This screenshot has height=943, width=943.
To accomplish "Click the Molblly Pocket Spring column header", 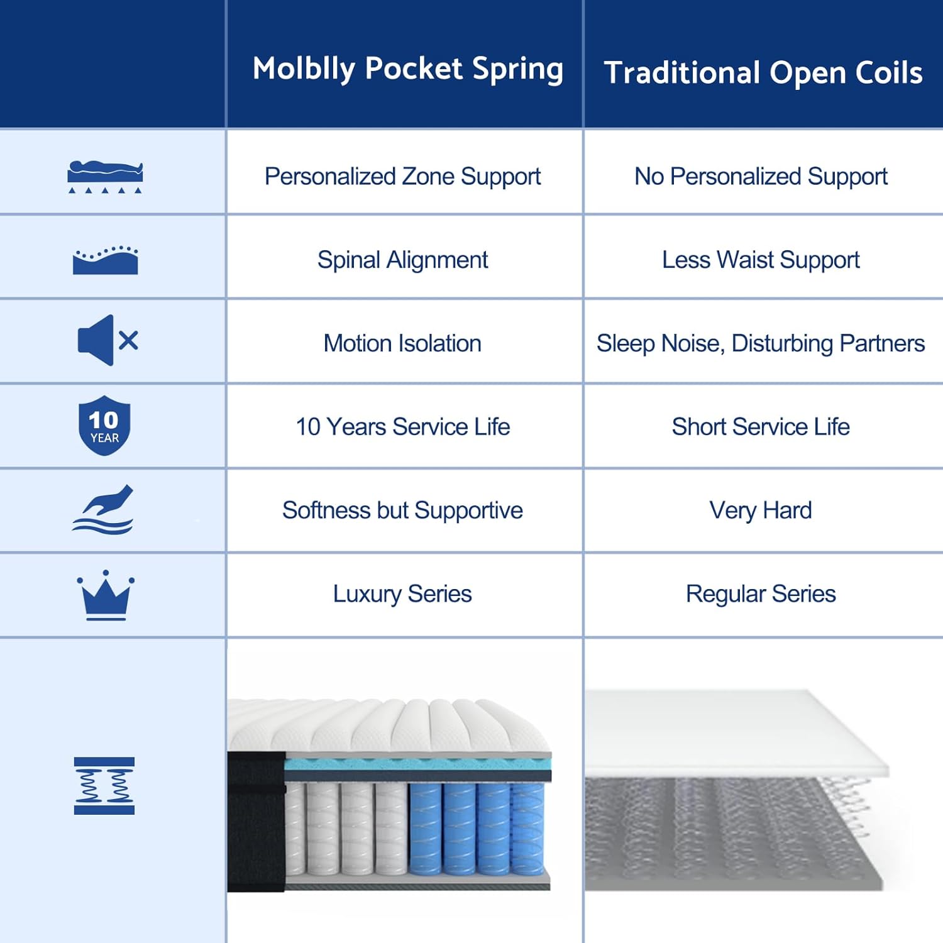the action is [x=407, y=69].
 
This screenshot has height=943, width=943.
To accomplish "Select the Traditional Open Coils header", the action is [x=763, y=73].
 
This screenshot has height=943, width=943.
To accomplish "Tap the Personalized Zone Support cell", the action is [x=402, y=177].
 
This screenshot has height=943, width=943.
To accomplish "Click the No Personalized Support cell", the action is [x=761, y=177].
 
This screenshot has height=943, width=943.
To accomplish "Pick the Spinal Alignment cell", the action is [x=402, y=260].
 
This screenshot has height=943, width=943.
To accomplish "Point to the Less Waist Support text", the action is [x=761, y=260].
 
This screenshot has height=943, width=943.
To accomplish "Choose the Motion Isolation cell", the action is [x=402, y=343].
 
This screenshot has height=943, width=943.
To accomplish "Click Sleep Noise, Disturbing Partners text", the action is [x=761, y=344].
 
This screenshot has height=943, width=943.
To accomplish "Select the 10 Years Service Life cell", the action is [x=402, y=427].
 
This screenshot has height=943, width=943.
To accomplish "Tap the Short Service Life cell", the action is [x=761, y=427].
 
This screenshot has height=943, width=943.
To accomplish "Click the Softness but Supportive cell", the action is [x=402, y=510].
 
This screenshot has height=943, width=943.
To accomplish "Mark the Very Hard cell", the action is [x=761, y=510].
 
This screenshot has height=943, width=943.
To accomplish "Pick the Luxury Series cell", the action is [x=402, y=594].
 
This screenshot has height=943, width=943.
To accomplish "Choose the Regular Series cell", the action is [x=761, y=594].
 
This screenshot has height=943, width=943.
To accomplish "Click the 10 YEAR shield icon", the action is [x=104, y=426].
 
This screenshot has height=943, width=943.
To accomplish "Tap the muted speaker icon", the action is [x=107, y=341].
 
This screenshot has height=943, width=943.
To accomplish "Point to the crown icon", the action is [x=106, y=595].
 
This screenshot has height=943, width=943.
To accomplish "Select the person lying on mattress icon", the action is [x=105, y=177].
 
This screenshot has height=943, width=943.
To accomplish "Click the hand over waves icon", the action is [x=103, y=510].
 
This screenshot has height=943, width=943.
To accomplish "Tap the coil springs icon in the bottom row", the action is [x=104, y=786].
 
